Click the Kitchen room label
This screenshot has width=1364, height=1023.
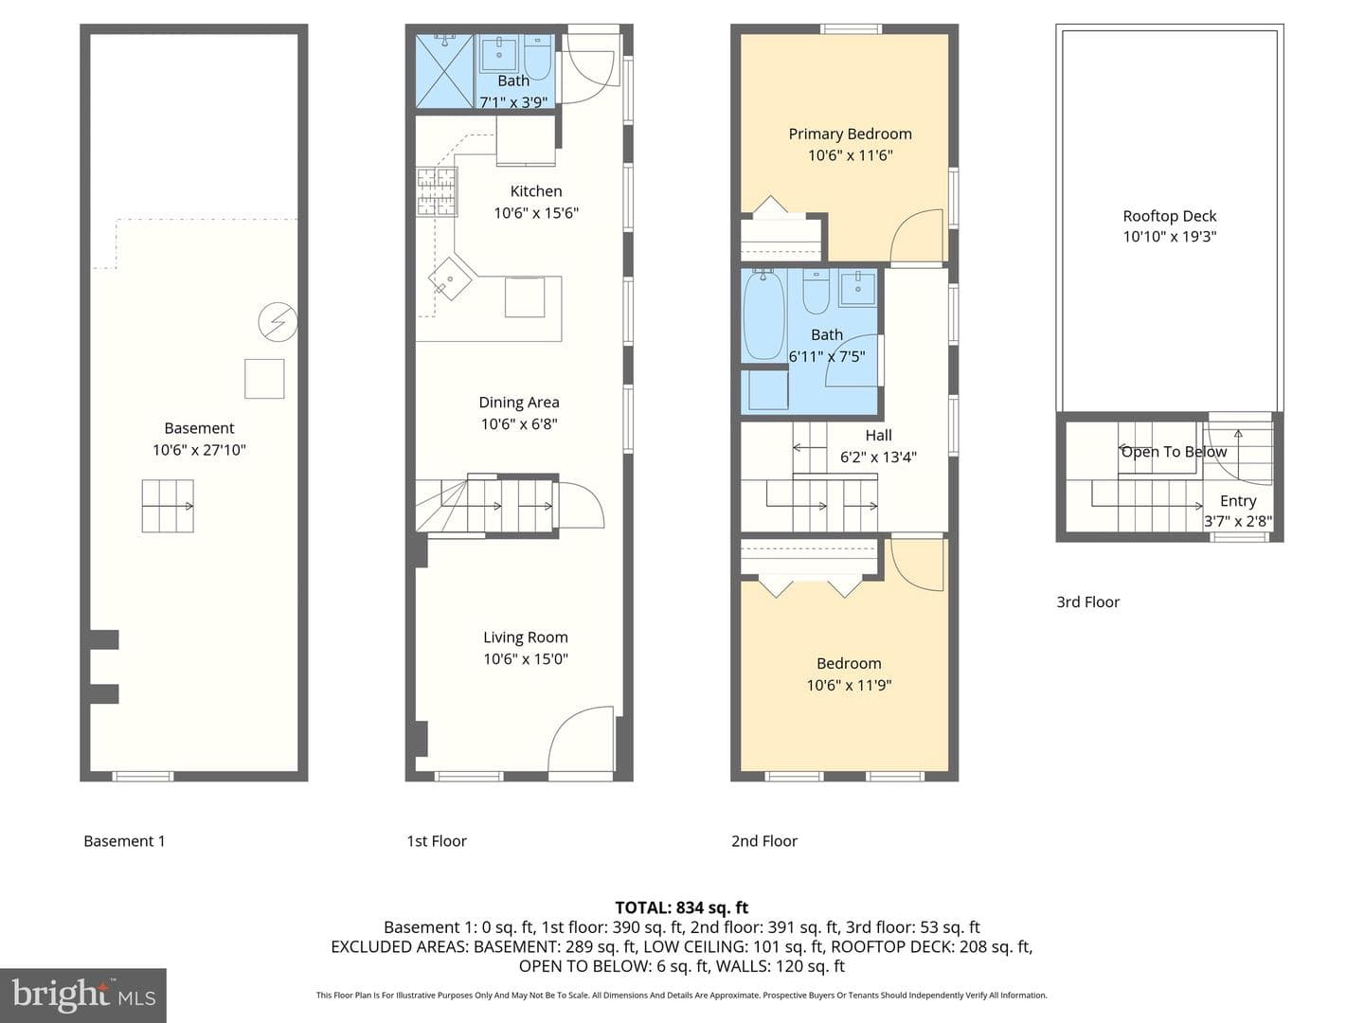click(536, 191)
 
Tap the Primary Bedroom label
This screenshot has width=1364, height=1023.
click(850, 135)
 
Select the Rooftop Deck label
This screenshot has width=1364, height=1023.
click(1169, 216)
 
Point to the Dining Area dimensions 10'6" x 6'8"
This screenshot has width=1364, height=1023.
click(519, 424)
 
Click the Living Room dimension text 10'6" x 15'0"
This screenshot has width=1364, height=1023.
click(525, 659)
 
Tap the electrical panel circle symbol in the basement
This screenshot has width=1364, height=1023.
click(278, 322)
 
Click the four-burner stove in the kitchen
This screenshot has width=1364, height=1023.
click(437, 192)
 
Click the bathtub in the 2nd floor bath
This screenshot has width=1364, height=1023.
click(764, 314)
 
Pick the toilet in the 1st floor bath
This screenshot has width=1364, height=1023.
click(537, 57)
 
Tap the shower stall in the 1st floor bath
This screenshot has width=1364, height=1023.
click(444, 71)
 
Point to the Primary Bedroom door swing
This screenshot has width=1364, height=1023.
click(917, 236)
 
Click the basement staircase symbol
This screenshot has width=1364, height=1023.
click(167, 506)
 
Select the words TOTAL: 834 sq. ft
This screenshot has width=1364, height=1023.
click(682, 908)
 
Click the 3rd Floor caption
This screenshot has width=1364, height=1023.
click(1087, 601)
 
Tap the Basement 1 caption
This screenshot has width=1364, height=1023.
click(124, 841)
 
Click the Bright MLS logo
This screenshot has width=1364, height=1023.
click(83, 996)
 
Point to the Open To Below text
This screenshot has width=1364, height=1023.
click(1174, 452)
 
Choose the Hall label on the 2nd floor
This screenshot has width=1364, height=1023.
click(878, 436)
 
